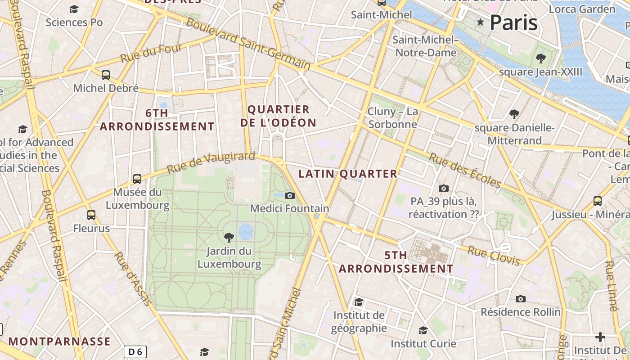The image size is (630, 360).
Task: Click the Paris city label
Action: tap(513, 22)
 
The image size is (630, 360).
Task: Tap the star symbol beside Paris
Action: tap(480, 22)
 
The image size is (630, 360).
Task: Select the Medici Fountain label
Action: tap(289, 209)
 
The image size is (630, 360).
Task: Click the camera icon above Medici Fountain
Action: tap(290, 195)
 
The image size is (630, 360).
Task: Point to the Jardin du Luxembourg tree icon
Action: tap(229, 237)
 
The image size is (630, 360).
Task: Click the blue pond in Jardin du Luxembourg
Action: tap(246, 232)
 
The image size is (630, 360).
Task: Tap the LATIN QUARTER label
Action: tap(348, 174)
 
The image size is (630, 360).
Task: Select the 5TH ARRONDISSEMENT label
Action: tap(396, 262)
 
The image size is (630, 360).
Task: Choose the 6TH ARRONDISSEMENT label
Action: tap(157, 120)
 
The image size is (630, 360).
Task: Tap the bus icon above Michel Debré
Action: tap(106, 75)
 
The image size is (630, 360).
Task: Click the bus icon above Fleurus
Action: tap(91, 215)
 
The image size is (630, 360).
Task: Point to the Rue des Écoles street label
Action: tap(465, 171)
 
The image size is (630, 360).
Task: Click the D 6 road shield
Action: tap(135, 352)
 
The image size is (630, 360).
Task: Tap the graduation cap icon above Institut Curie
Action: tap(423, 331)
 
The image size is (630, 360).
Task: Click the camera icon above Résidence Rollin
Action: tap(521, 299)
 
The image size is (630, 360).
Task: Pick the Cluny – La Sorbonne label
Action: tap(393, 118)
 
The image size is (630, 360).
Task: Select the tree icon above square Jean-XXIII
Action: tap(541, 58)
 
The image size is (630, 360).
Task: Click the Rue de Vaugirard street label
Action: tap(211, 162)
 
